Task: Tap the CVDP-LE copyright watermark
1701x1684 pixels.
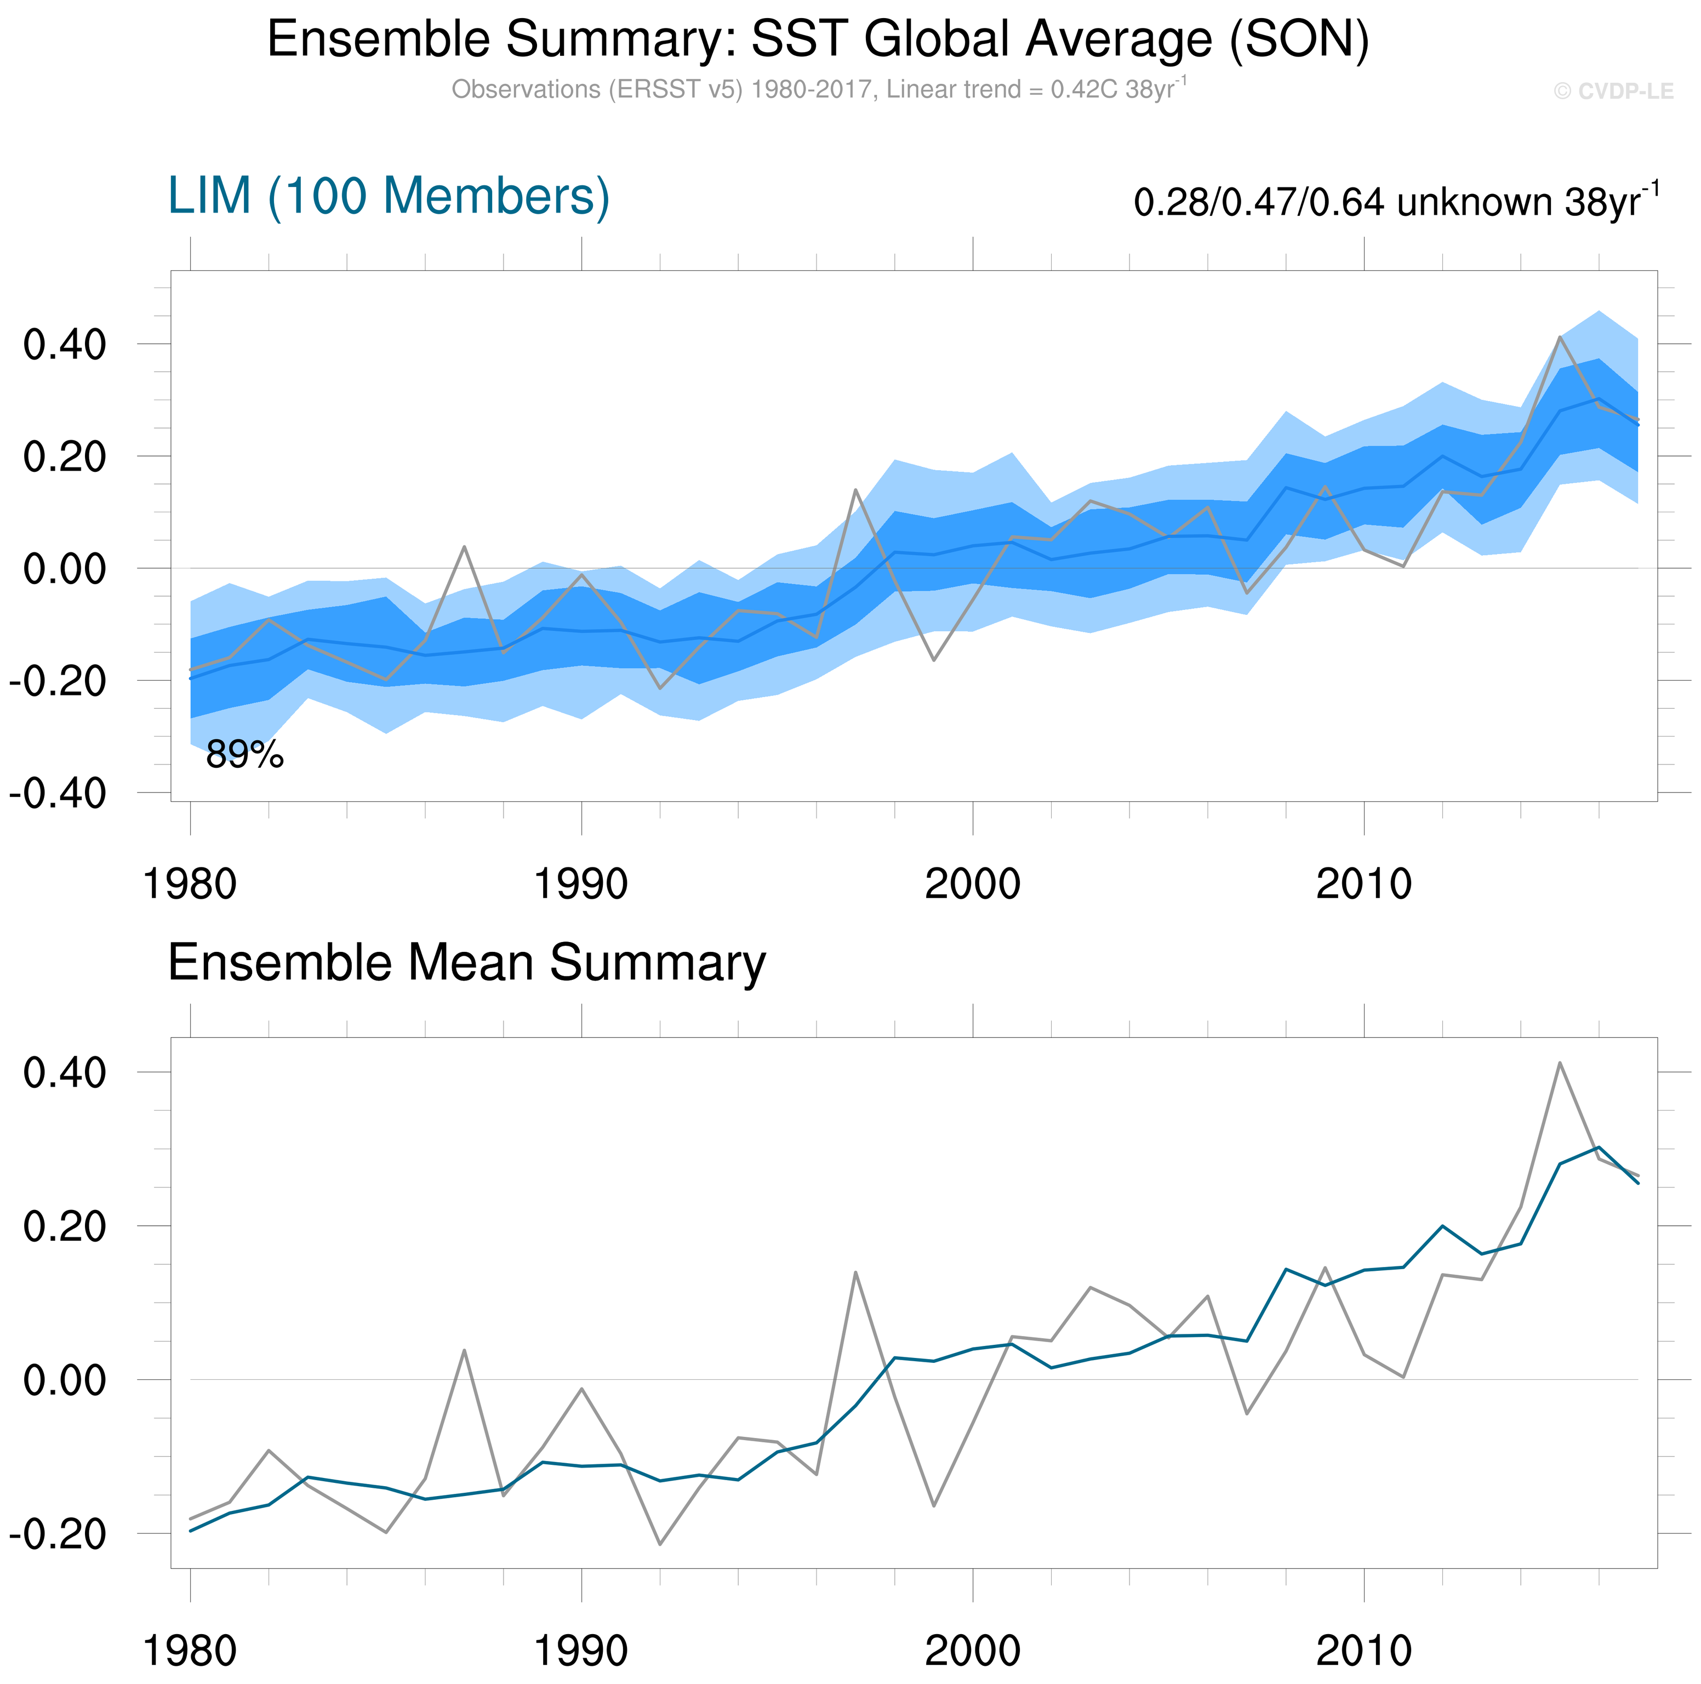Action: point(1612,92)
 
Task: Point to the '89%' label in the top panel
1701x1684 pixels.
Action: point(245,755)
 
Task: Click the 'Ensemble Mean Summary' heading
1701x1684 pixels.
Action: point(467,962)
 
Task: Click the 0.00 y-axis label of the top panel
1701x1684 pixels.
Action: point(64,569)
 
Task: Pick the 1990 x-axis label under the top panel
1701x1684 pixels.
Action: point(581,884)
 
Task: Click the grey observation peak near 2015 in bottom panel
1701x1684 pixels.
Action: point(1559,1063)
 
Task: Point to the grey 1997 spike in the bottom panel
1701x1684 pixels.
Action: point(855,1272)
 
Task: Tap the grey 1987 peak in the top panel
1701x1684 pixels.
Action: point(464,547)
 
